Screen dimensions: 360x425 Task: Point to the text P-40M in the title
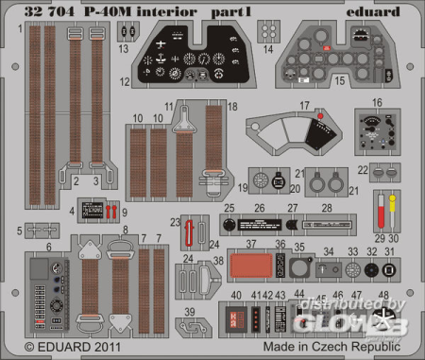point(100,10)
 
